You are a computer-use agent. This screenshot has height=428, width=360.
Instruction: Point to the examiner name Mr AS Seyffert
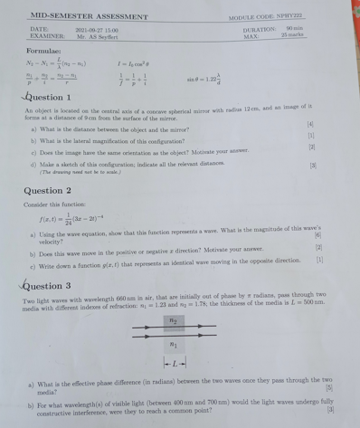[95, 37]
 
